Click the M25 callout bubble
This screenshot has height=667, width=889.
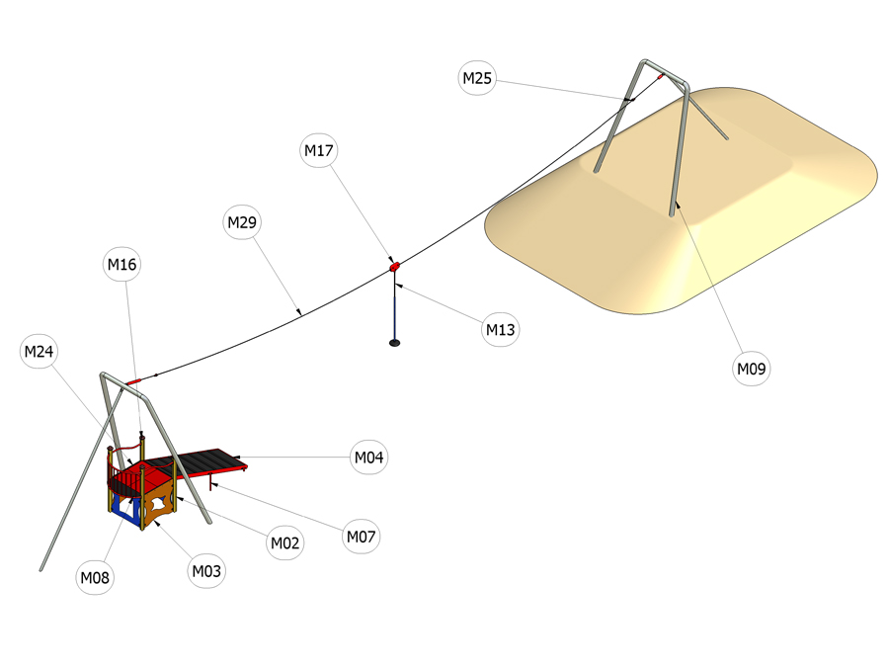[x=477, y=78]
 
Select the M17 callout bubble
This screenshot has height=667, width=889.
[x=319, y=150]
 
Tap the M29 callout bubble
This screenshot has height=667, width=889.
[x=242, y=221]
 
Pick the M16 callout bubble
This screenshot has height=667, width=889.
[x=121, y=264]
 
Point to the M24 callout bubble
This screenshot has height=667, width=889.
[x=39, y=352]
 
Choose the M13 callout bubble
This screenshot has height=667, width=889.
[x=500, y=329]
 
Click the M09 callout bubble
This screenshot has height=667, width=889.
[x=752, y=369]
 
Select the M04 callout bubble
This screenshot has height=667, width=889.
[x=369, y=458]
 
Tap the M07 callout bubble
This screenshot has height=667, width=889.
[x=362, y=537]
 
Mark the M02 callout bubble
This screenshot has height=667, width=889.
[x=284, y=542]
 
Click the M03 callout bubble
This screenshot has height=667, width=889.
[x=206, y=571]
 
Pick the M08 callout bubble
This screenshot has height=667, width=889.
[x=95, y=577]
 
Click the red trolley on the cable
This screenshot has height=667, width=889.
[x=394, y=266]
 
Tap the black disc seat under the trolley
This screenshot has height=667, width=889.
[x=394, y=343]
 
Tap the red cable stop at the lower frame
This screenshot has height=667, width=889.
[x=132, y=382]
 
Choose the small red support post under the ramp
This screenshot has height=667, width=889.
[x=211, y=482]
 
